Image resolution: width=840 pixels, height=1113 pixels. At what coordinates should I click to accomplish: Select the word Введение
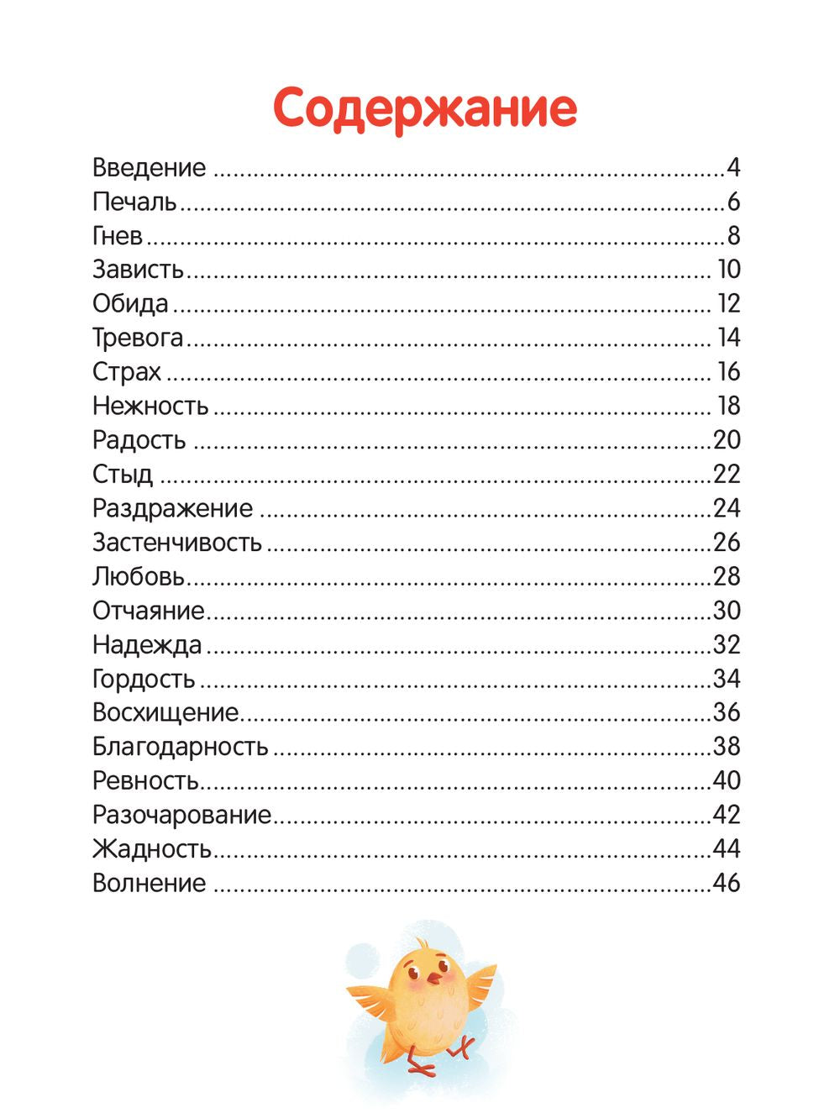point(149,168)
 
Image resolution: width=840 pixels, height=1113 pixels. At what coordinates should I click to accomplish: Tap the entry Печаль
point(134,202)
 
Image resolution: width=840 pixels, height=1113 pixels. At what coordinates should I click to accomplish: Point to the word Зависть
point(138,270)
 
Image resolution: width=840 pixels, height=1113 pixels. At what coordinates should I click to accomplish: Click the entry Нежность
point(150,406)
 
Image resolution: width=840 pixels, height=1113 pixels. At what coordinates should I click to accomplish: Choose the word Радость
point(139,440)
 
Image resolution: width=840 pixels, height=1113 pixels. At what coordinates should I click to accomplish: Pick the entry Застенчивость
point(177,543)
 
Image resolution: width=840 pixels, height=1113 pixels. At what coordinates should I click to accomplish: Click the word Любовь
point(139,576)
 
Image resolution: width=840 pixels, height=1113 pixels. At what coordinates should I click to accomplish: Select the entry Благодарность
point(181,747)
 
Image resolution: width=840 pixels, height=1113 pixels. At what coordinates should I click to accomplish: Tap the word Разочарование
point(182,815)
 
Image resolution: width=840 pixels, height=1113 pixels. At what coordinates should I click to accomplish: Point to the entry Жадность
point(152,849)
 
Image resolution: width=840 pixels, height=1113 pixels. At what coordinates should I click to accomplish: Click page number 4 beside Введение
point(733,168)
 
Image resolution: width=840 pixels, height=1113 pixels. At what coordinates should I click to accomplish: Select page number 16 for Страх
point(728,372)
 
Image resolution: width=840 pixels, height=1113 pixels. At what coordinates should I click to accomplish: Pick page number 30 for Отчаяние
point(727,611)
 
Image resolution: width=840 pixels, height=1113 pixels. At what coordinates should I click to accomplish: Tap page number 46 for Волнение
point(727,883)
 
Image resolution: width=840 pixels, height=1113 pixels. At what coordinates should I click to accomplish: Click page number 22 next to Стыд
point(727,475)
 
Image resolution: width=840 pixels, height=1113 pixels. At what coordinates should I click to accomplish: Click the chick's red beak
point(434,978)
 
